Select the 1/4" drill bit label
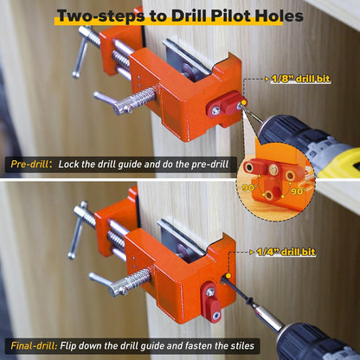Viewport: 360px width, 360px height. [x=287, y=252]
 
